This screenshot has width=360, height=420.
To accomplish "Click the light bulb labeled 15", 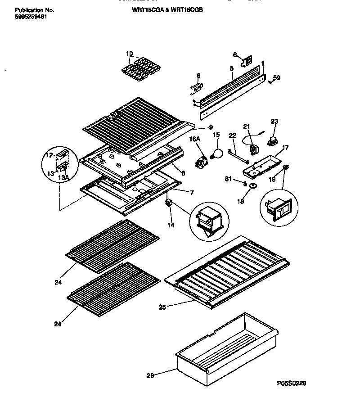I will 217,154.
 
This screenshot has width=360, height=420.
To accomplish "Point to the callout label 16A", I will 194,140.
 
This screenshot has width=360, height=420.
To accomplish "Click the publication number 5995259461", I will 27,17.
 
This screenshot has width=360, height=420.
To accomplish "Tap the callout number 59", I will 277,78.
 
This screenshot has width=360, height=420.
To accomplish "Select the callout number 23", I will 274,121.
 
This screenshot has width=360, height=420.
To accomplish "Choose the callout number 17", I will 285,147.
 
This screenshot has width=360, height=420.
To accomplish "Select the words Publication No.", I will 28,9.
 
